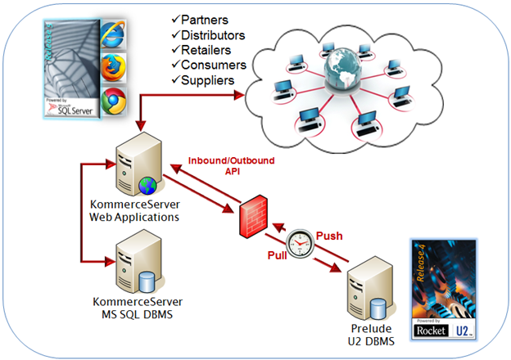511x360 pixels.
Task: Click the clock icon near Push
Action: pos(301,242)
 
